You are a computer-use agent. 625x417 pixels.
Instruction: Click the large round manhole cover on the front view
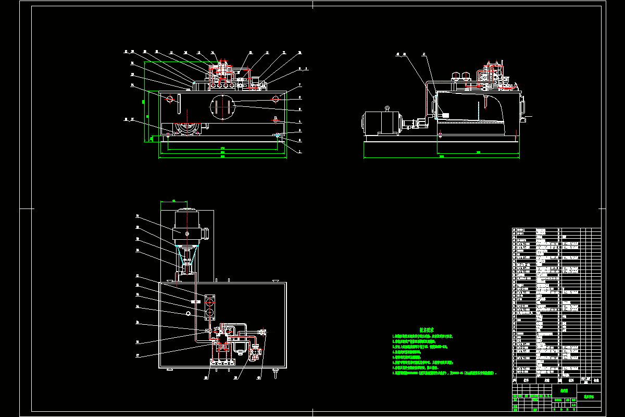pyautogui.click(x=222, y=106)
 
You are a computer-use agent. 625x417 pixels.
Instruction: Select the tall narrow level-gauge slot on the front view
pyautogui.click(x=179, y=103)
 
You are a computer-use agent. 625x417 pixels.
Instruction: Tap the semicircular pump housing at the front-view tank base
pyautogui.click(x=186, y=128)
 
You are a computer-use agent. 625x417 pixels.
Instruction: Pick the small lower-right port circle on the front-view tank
pyautogui.click(x=276, y=120)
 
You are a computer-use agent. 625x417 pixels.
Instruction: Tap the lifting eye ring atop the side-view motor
pyautogui.click(x=387, y=108)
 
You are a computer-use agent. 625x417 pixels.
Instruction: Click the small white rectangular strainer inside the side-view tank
pyautogui.click(x=445, y=115)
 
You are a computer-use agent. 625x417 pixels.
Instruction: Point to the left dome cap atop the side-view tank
pyautogui.click(x=456, y=76)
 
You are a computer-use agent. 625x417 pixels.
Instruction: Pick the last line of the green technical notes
pyautogui.click(x=445, y=373)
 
